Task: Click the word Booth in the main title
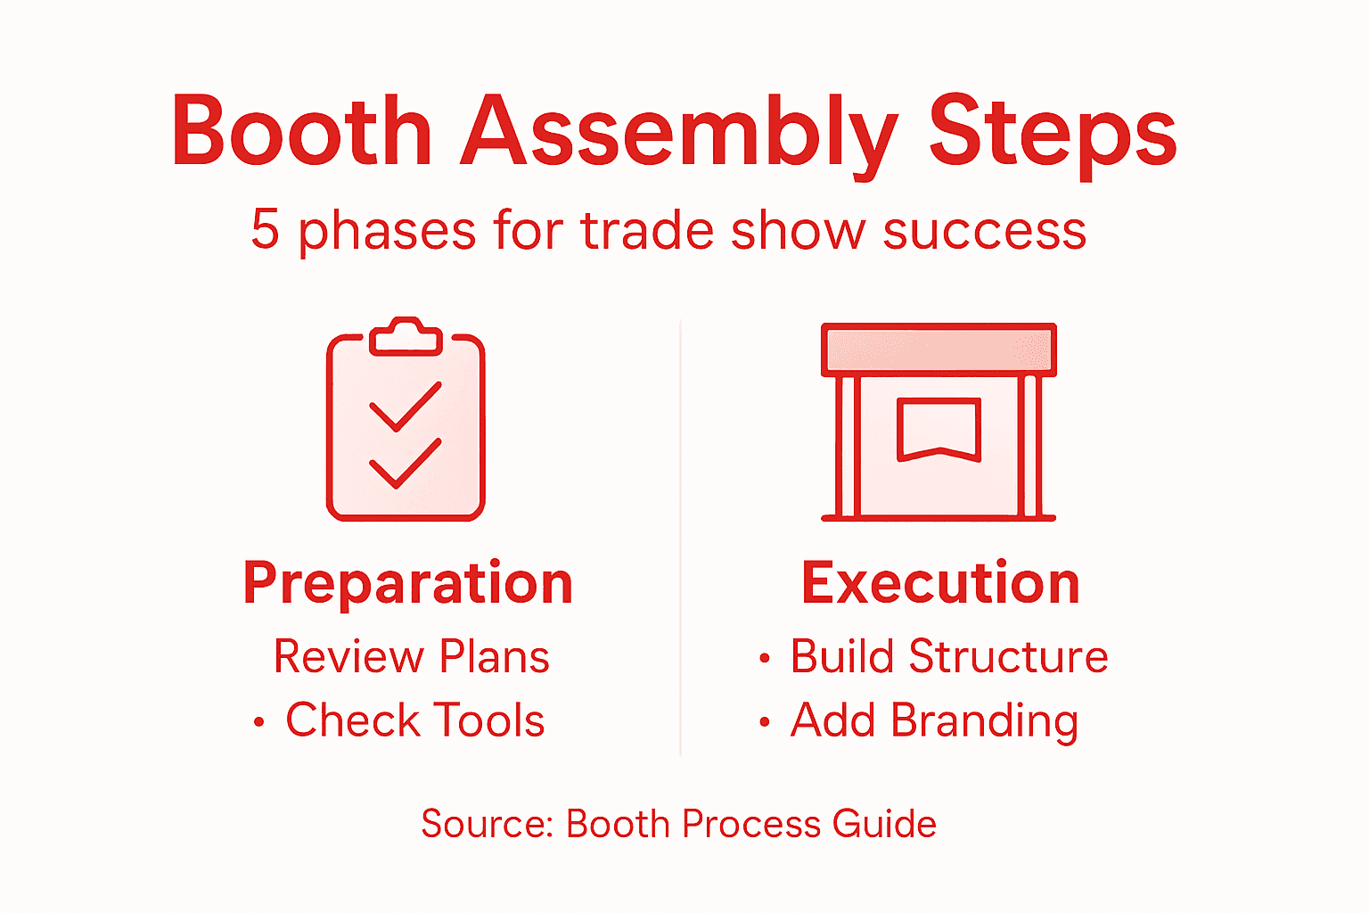(302, 130)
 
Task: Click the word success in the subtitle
(985, 232)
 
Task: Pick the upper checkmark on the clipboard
(406, 407)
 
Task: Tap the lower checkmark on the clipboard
(406, 464)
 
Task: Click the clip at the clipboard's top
(406, 336)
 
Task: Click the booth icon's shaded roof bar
(939, 350)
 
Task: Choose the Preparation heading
(408, 583)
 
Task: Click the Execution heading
(940, 583)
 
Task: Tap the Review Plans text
(411, 657)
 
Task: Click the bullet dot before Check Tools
(259, 722)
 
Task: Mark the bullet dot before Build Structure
(764, 658)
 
